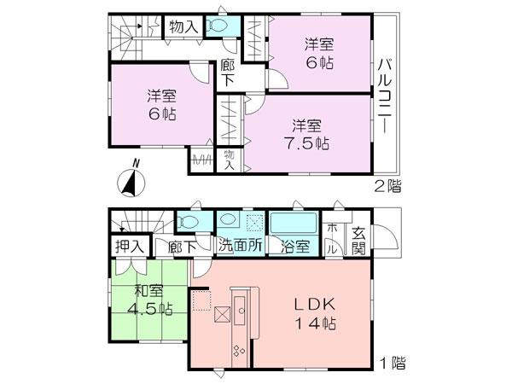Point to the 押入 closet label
(129, 247)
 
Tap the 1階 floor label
(391, 363)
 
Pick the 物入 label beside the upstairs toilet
(183, 27)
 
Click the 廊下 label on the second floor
(228, 73)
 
